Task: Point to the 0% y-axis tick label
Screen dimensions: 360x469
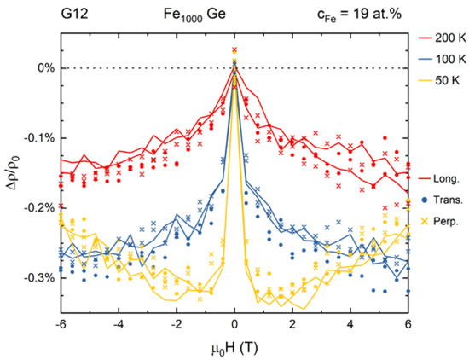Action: coord(43,68)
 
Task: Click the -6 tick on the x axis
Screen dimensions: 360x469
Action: coord(61,326)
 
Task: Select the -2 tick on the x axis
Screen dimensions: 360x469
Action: coord(177,326)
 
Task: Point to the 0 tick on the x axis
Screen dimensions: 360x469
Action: coord(234,326)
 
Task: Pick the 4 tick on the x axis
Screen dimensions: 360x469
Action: coord(350,326)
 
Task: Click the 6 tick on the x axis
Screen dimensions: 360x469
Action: coord(408,326)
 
